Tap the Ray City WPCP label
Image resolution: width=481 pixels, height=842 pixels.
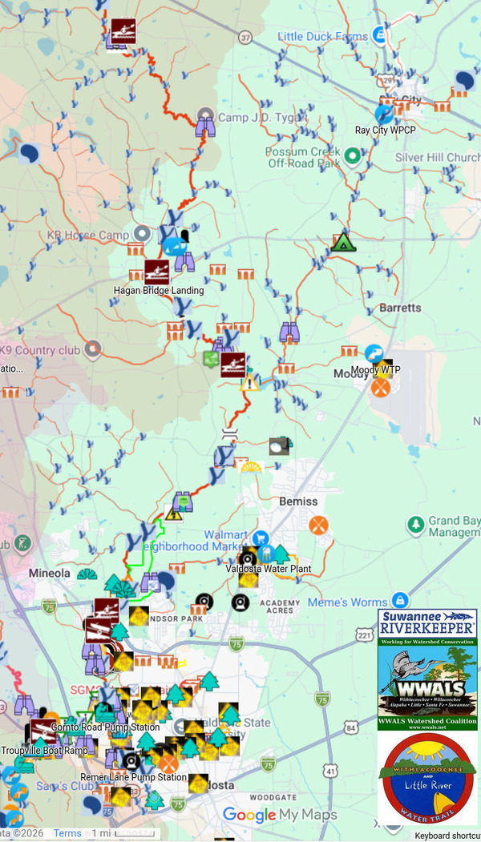[x=386, y=130]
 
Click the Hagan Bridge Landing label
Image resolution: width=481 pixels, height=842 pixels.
[x=159, y=290]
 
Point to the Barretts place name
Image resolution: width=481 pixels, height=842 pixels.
[x=400, y=308]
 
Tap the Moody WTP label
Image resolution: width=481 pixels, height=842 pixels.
[x=375, y=370]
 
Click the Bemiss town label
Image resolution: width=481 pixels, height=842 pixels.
[x=298, y=502]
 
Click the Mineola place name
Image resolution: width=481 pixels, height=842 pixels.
[x=51, y=574]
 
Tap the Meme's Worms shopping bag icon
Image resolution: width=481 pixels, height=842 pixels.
[x=401, y=601]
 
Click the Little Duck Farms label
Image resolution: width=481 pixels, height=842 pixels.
[x=323, y=36]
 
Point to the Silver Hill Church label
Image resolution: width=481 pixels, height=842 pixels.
[x=437, y=158]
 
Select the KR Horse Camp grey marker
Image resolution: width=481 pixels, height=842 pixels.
[x=142, y=233]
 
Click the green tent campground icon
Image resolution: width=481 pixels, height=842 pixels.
[x=343, y=242]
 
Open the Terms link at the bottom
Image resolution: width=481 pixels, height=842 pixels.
[x=67, y=833]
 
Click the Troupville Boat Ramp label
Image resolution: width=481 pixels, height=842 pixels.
[x=44, y=751]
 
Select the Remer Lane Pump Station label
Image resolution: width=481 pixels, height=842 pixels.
[x=133, y=777]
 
